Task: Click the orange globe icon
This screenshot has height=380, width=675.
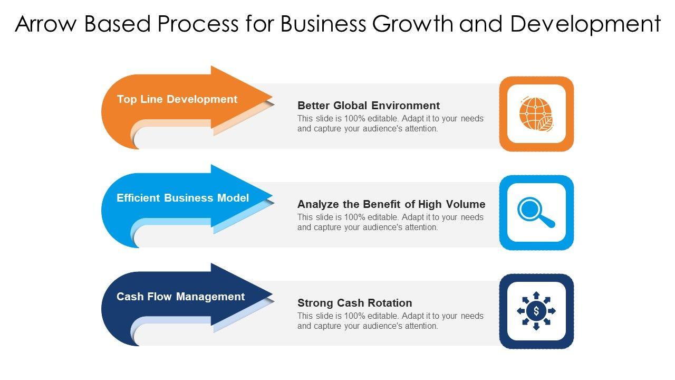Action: pos(536,113)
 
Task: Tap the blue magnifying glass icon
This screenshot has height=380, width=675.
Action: pos(536,212)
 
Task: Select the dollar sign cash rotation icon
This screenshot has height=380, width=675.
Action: pos(536,311)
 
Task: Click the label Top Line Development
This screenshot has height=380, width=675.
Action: pos(177,99)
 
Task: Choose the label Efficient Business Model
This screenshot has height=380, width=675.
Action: pos(182,198)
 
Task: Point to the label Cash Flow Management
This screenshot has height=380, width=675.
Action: pos(180,297)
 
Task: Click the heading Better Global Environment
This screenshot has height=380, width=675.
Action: pos(369,106)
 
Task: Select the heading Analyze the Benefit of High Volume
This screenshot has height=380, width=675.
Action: pos(391,204)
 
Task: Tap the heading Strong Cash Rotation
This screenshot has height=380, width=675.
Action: pos(355,303)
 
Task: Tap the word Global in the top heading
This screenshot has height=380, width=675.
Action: pos(351,106)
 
